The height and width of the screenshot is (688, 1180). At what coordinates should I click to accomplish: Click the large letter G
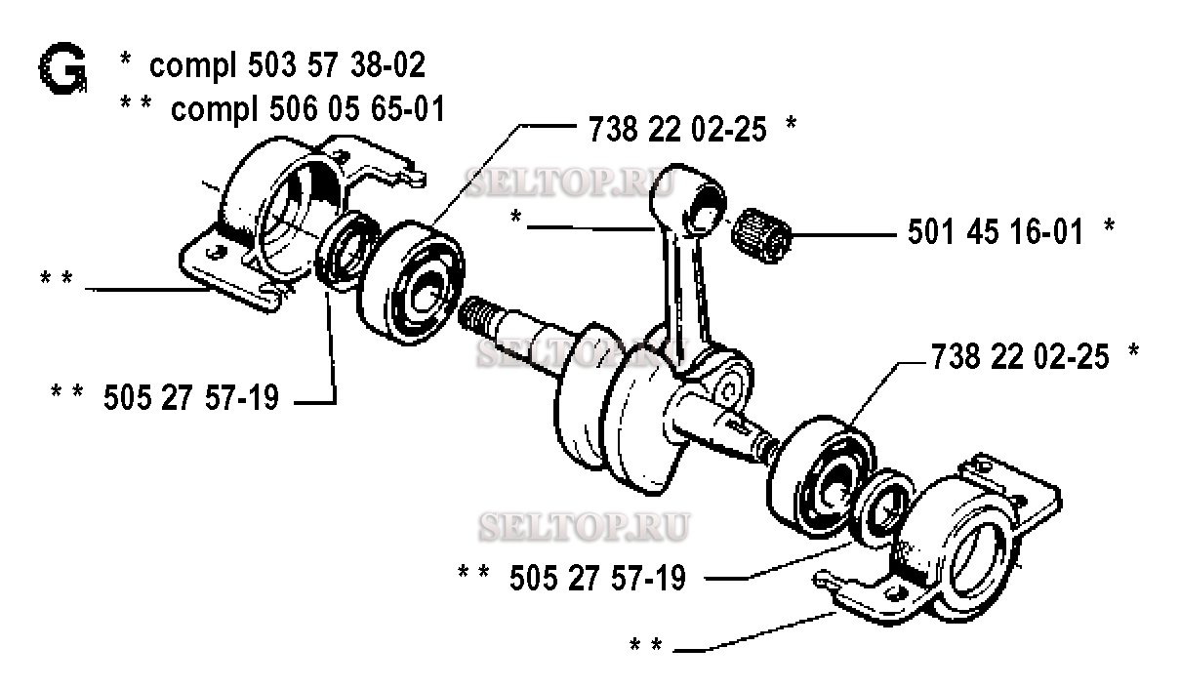62,68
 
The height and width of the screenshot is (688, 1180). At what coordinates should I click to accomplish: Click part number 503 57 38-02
336,65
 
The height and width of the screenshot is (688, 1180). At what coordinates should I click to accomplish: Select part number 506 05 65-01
357,109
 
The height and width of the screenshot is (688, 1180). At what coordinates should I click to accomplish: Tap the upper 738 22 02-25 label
677,129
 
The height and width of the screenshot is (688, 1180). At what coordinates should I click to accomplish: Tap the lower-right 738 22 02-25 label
1020,356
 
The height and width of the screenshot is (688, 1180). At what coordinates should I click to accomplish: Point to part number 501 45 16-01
996,231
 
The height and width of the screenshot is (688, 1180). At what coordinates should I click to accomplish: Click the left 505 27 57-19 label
190,397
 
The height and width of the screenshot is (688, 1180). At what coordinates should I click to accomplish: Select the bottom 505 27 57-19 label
598,578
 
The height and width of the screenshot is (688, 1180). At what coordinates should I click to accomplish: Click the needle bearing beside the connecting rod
761,235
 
